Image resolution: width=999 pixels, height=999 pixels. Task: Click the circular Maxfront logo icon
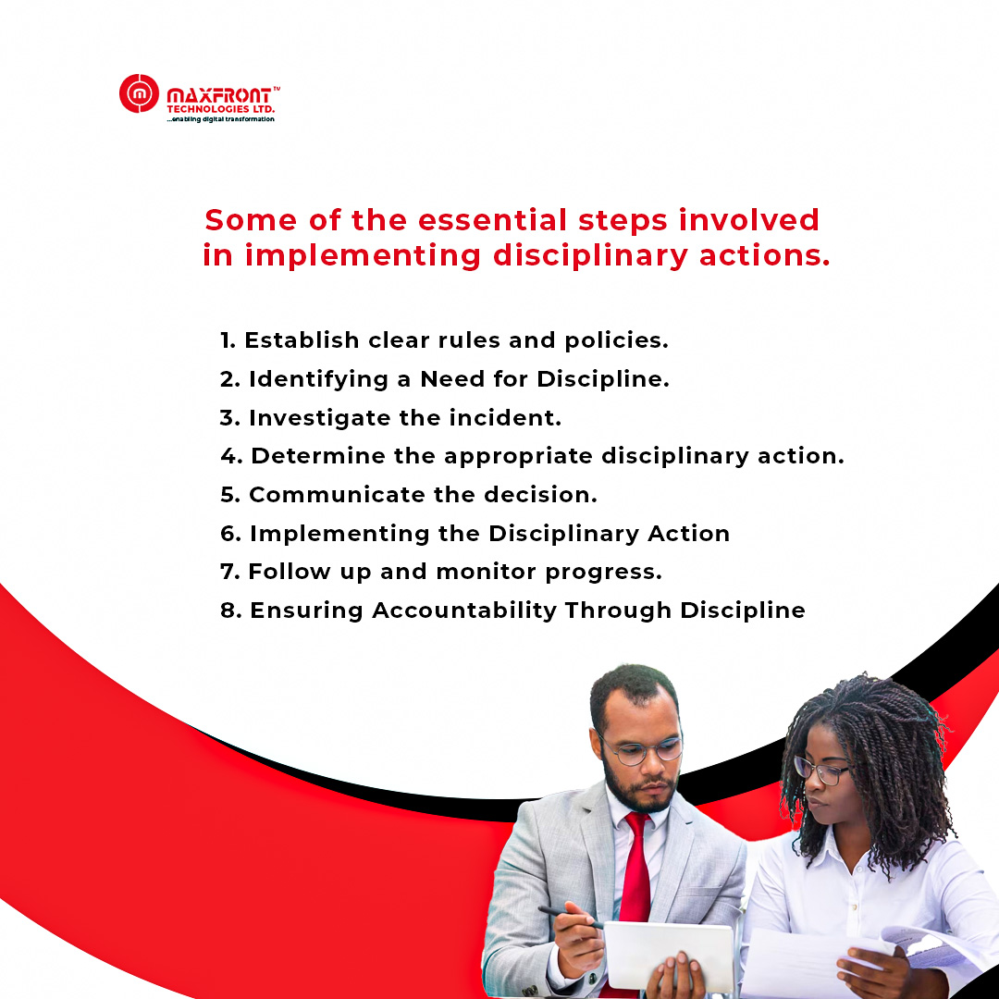point(139,93)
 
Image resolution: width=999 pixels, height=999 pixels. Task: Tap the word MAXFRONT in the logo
point(218,96)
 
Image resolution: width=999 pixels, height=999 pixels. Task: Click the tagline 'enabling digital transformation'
point(220,119)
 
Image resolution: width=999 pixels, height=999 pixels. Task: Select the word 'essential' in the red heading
point(492,220)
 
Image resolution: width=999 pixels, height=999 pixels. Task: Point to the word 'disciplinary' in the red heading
point(590,256)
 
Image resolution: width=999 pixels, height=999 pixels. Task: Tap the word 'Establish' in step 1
point(302,340)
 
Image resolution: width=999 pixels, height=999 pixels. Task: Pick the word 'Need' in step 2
point(452,379)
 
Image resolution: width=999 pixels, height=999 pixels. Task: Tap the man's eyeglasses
point(641,752)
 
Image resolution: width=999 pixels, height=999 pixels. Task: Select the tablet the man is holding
point(668,956)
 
